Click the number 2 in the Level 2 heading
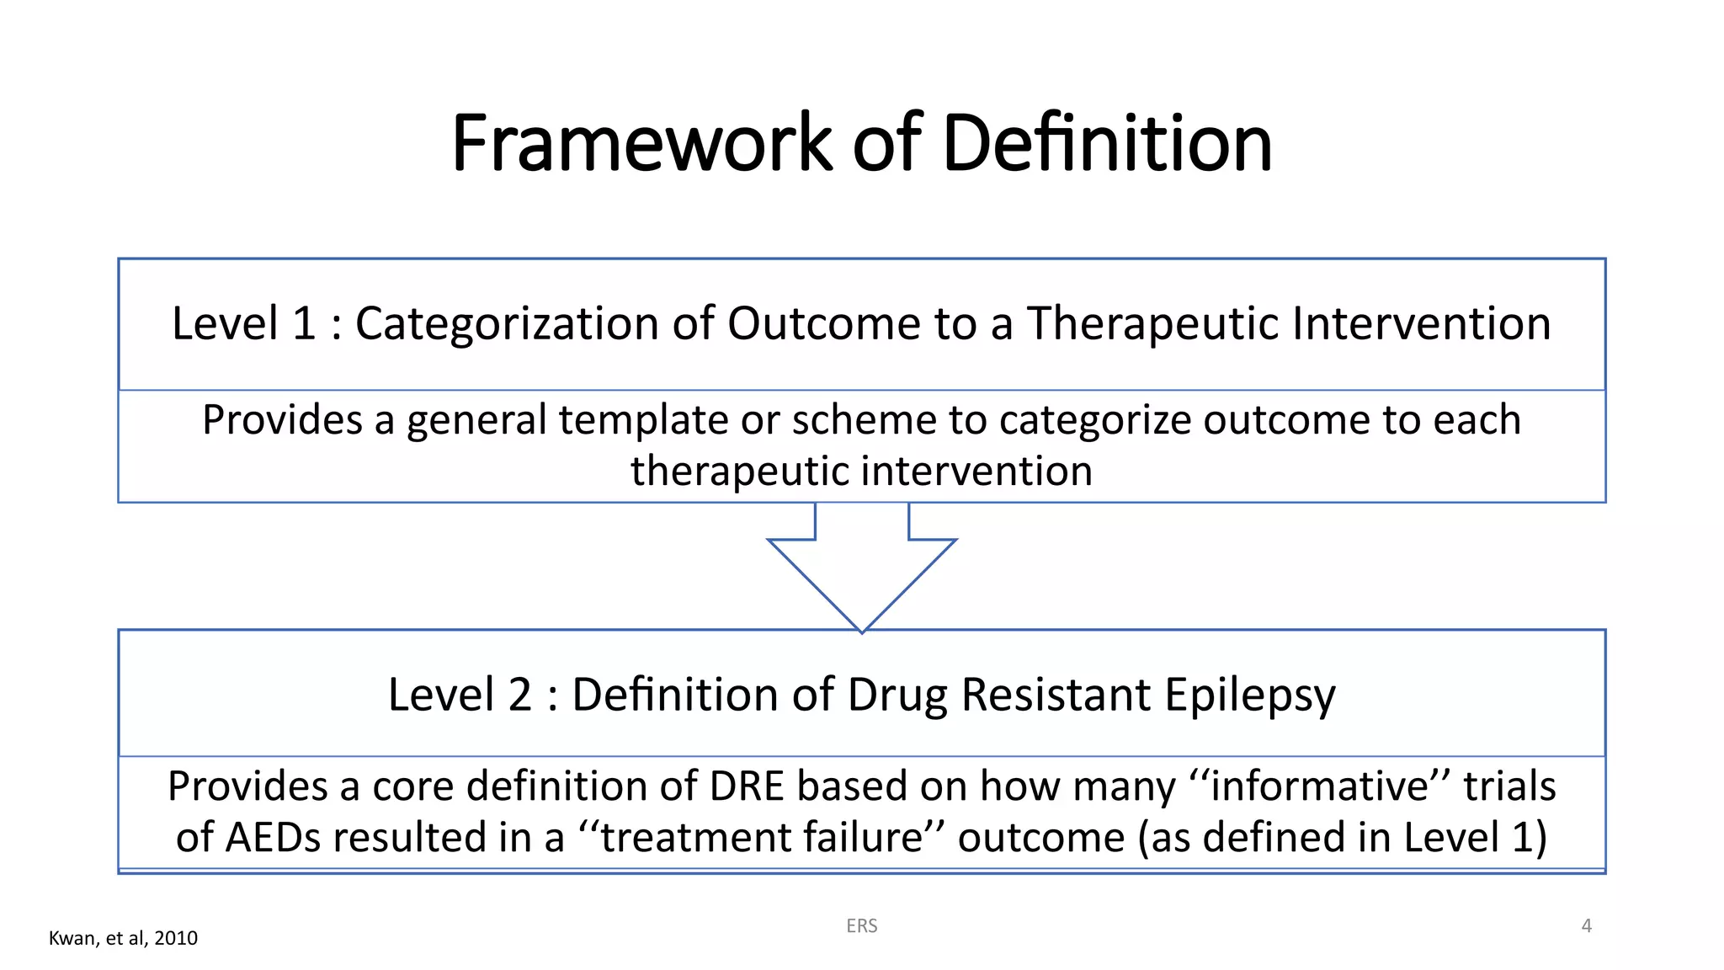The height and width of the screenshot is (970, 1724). tap(519, 696)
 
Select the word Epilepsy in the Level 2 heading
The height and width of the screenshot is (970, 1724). tap(1250, 696)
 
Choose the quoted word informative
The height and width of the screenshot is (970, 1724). tap(1319, 786)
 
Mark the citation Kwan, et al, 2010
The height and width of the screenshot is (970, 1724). tap(123, 938)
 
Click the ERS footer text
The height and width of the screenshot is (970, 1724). tap(862, 926)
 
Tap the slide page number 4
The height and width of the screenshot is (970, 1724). tap(1587, 926)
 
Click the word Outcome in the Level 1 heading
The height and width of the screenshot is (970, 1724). tap(824, 324)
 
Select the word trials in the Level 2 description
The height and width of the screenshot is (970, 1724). tap(1509, 786)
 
